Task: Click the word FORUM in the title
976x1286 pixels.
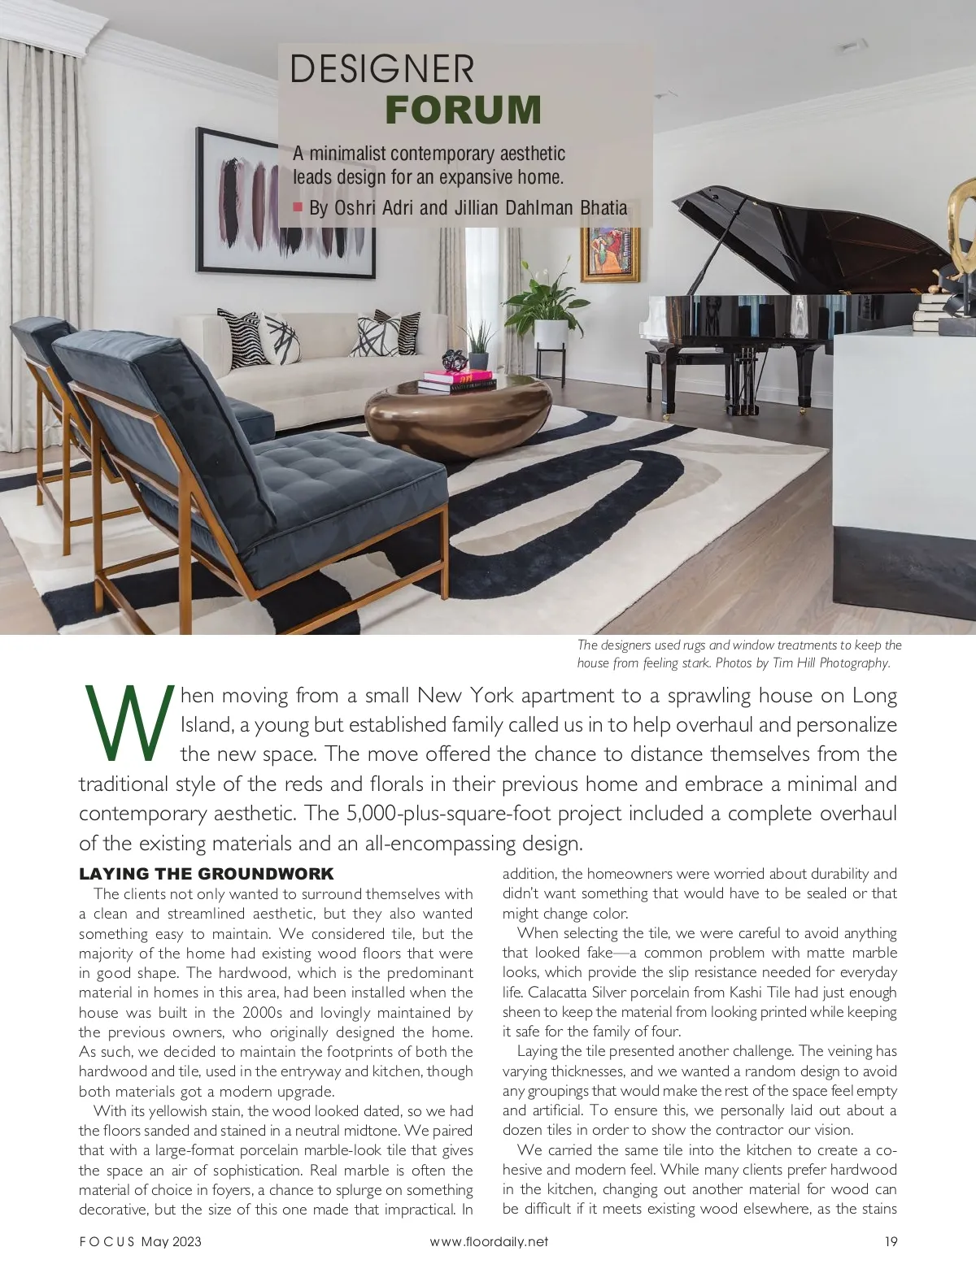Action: coord(463,111)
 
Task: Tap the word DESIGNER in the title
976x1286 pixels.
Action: coord(381,69)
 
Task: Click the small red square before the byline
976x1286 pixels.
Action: coord(298,206)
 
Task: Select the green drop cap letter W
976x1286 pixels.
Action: coord(128,723)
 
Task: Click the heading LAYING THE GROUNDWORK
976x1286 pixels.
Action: coord(207,874)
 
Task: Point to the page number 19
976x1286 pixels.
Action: coord(891,1241)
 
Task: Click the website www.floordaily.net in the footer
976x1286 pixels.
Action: coord(489,1241)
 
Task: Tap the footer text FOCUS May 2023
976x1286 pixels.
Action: coord(140,1241)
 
